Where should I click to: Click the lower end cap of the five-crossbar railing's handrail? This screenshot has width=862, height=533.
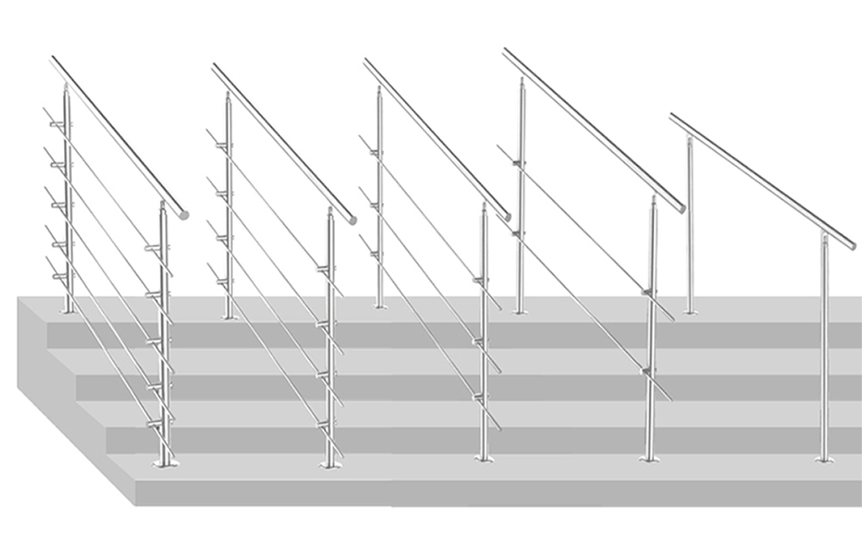click(x=183, y=214)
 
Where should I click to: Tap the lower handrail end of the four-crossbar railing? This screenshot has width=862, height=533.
click(x=351, y=218)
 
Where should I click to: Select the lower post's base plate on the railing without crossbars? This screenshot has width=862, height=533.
click(x=824, y=459)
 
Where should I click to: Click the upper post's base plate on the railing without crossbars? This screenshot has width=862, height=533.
click(x=690, y=311)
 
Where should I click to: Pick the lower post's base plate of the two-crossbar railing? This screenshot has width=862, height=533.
click(x=649, y=459)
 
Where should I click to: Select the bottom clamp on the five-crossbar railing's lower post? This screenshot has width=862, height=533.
click(x=160, y=425)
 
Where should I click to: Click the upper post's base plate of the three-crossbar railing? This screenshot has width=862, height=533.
click(x=380, y=306)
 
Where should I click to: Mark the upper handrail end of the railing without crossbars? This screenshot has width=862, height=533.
click(x=674, y=116)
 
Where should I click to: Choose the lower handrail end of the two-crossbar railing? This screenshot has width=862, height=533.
click(x=681, y=208)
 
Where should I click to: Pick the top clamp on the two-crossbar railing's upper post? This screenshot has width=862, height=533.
click(x=518, y=163)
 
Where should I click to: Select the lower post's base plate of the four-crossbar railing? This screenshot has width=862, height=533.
click(x=330, y=463)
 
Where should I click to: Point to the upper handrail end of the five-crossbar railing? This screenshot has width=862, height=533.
click(x=54, y=60)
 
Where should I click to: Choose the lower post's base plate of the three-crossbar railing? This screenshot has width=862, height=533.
click(x=483, y=459)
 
